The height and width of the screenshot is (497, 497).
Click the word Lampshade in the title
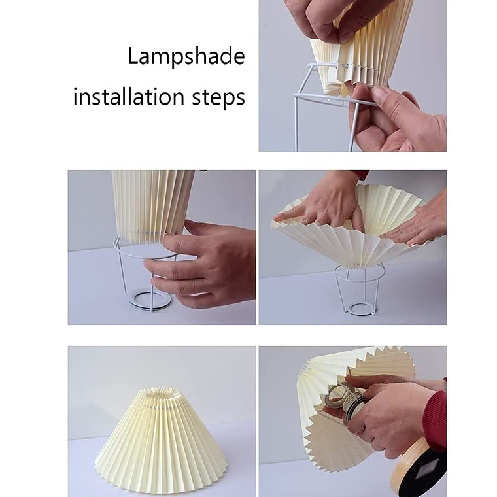tap(186, 57)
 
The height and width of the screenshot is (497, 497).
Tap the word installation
tap(129, 97)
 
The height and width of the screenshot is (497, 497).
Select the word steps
tap(218, 98)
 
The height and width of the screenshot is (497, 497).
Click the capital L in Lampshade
tap(132, 56)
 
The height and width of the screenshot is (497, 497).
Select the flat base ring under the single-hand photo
tap(149, 299)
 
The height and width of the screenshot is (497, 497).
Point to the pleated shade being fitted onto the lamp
tap(327, 419)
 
